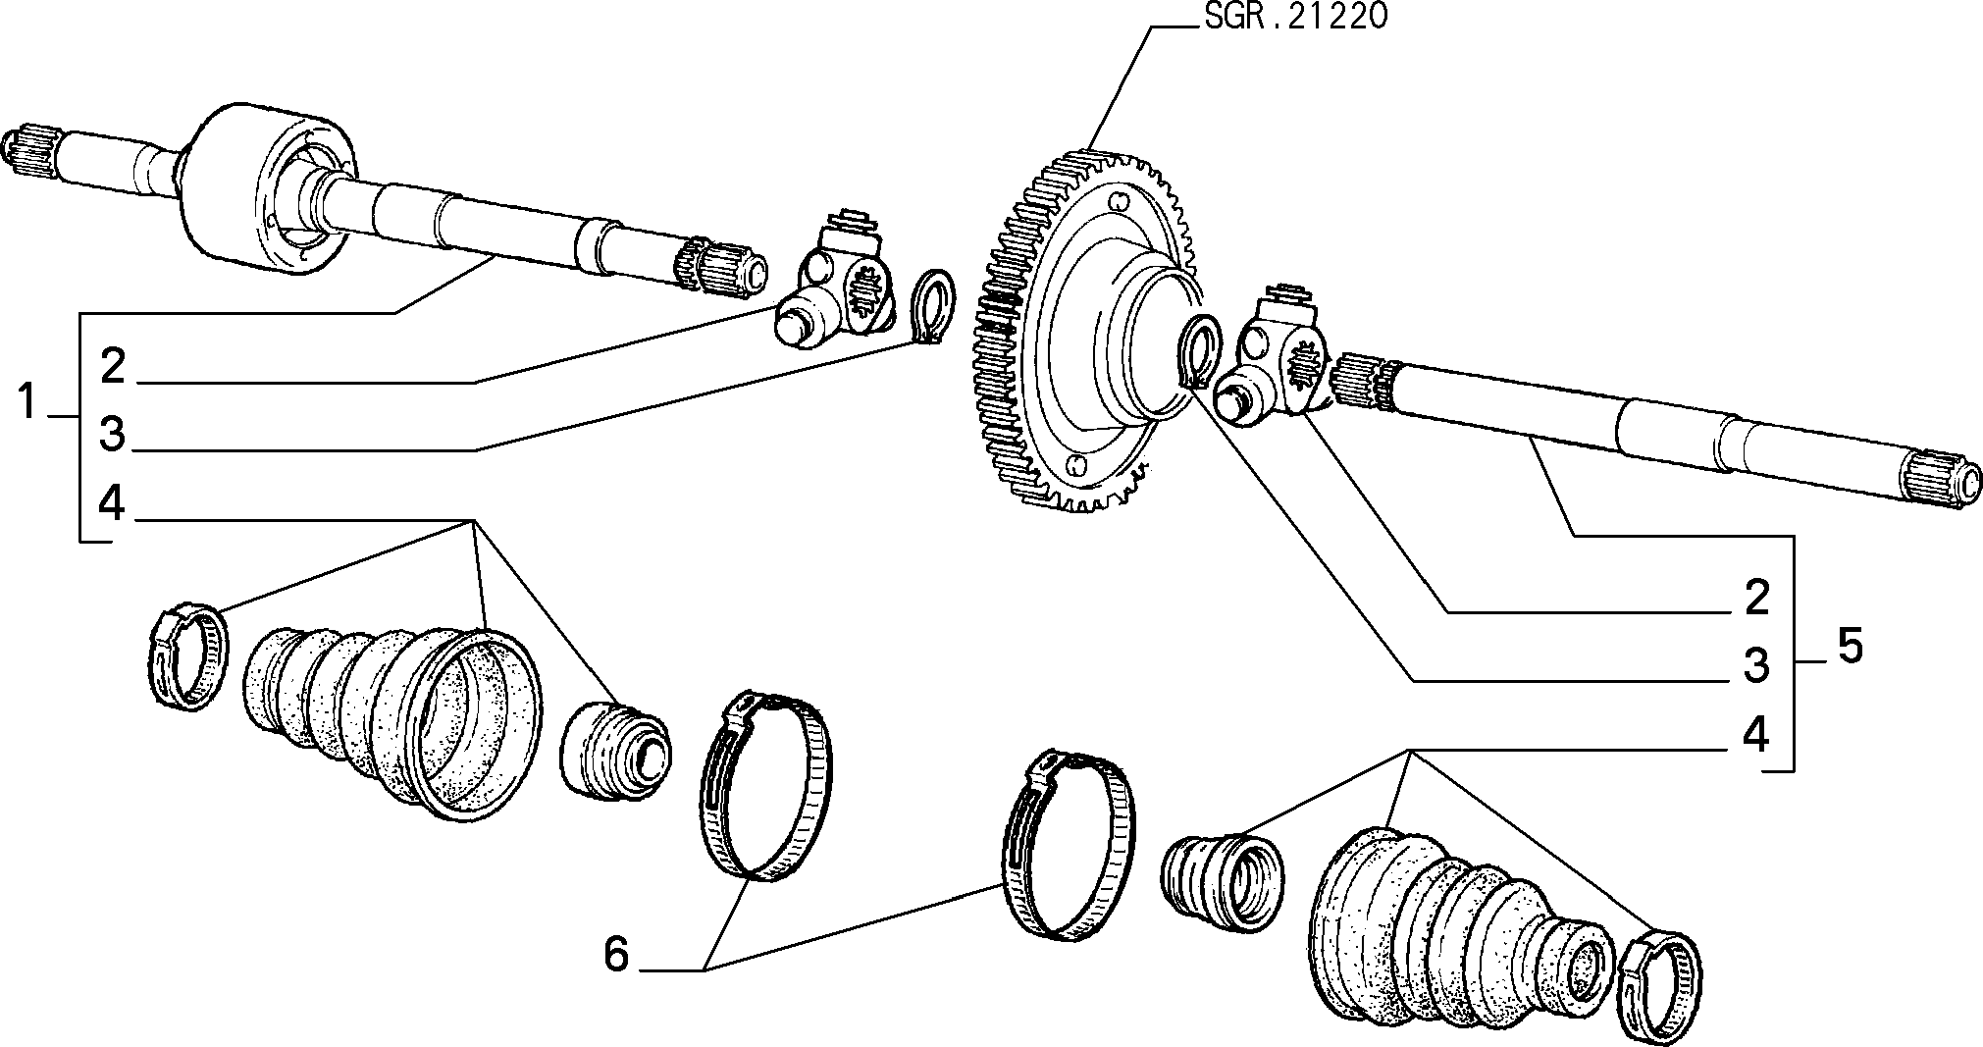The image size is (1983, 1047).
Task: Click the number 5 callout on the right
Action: pos(1849,648)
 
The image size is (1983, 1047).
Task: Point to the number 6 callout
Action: pos(615,954)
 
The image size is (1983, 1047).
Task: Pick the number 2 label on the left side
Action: pos(113,367)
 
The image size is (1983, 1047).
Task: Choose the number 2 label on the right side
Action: pos(1756,598)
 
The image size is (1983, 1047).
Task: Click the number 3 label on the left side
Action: pos(113,435)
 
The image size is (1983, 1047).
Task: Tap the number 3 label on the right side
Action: pos(1756,666)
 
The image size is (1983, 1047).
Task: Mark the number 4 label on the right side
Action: pos(1756,734)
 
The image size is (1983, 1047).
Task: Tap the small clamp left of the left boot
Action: pos(187,654)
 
